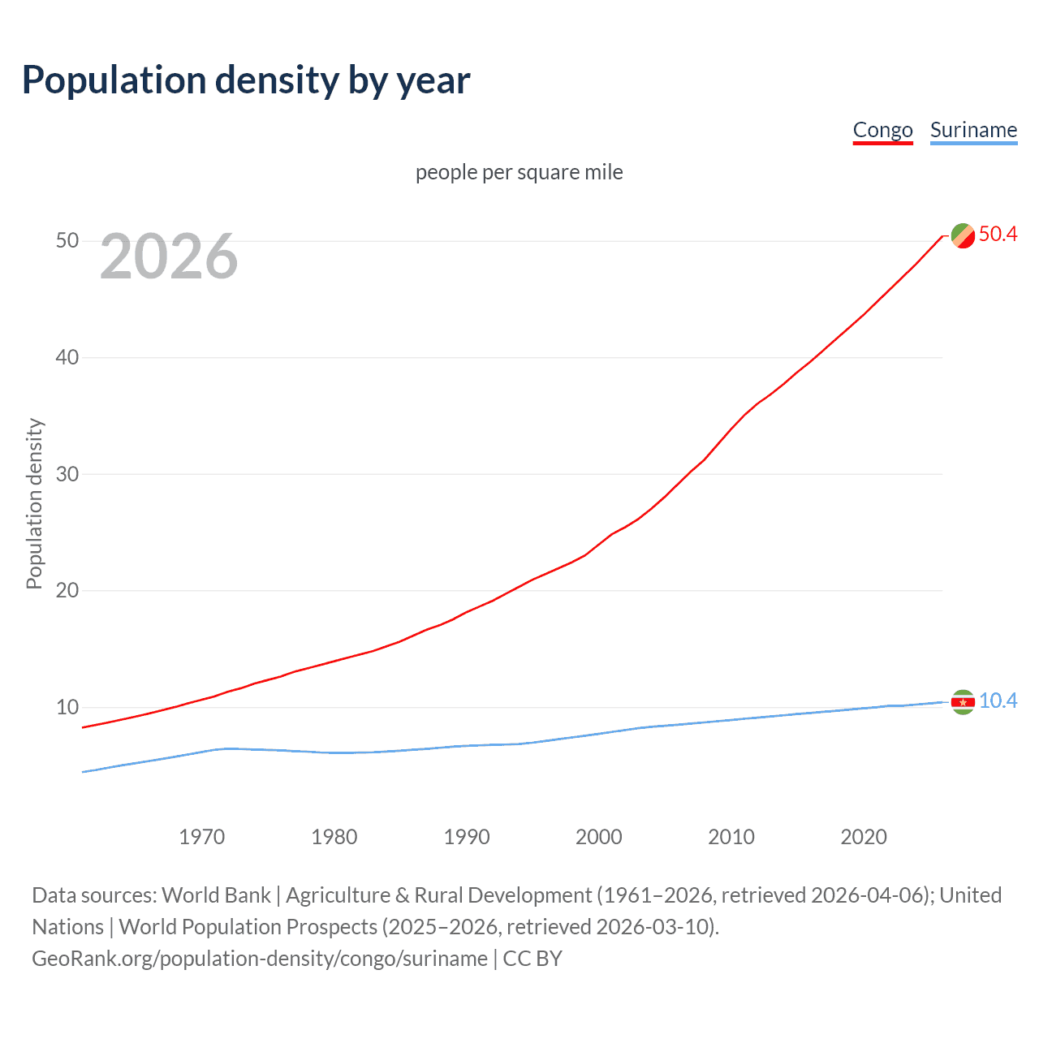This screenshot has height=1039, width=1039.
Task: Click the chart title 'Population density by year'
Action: pyautogui.click(x=246, y=80)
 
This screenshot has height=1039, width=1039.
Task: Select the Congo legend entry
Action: pyautogui.click(x=882, y=131)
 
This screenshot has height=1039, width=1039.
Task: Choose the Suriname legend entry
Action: pyautogui.click(x=973, y=131)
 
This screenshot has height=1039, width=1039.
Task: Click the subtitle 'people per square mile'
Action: pyautogui.click(x=519, y=172)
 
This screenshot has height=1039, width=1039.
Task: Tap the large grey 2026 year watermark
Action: pyautogui.click(x=169, y=257)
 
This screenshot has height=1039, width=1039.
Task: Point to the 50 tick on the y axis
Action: pyautogui.click(x=67, y=241)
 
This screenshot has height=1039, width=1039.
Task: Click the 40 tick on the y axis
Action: pyautogui.click(x=67, y=357)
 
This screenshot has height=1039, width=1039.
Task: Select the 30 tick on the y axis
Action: pyautogui.click(x=67, y=474)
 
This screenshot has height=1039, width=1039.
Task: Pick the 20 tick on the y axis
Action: pyautogui.click(x=67, y=590)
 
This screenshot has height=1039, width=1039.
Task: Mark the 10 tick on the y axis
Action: pyautogui.click(x=67, y=707)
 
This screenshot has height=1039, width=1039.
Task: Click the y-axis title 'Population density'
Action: pyautogui.click(x=34, y=503)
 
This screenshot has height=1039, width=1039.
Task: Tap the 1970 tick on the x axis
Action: pyautogui.click(x=202, y=837)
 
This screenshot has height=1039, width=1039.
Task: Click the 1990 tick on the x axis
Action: pyautogui.click(x=467, y=837)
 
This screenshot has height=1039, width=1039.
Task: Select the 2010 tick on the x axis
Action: pyautogui.click(x=731, y=837)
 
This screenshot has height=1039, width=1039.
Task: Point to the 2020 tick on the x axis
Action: pyautogui.click(x=864, y=837)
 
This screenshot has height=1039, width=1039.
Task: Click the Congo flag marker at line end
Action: pyautogui.click(x=963, y=235)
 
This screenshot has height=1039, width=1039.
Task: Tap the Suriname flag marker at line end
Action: pyautogui.click(x=963, y=702)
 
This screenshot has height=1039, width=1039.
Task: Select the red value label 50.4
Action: pyautogui.click(x=998, y=235)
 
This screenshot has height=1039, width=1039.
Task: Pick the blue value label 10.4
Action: pyautogui.click(x=998, y=701)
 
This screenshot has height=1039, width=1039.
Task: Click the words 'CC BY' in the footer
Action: pyautogui.click(x=532, y=959)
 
